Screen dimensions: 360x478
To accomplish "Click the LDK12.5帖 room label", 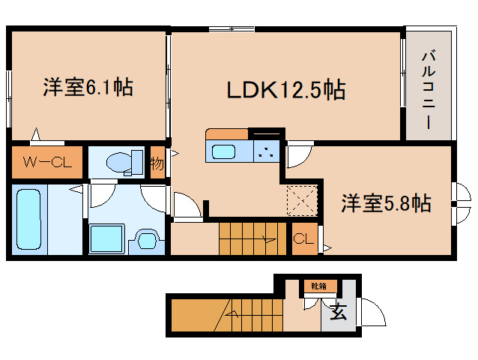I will (x=286, y=91).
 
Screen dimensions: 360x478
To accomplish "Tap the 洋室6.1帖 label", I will (x=88, y=88).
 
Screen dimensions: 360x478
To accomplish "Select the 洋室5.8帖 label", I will (x=386, y=202).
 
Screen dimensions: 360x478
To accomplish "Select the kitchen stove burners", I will (x=265, y=151).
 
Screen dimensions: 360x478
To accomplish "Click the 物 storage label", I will (x=157, y=161).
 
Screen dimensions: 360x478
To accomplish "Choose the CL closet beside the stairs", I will (x=303, y=239).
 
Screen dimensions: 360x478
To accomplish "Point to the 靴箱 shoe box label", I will (x=320, y=285).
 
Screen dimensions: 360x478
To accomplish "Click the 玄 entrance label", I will (x=338, y=313).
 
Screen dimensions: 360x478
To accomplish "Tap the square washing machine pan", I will (x=105, y=239).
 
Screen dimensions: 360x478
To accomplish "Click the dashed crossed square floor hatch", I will (x=303, y=201).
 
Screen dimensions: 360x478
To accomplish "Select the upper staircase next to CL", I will (x=248, y=238).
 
